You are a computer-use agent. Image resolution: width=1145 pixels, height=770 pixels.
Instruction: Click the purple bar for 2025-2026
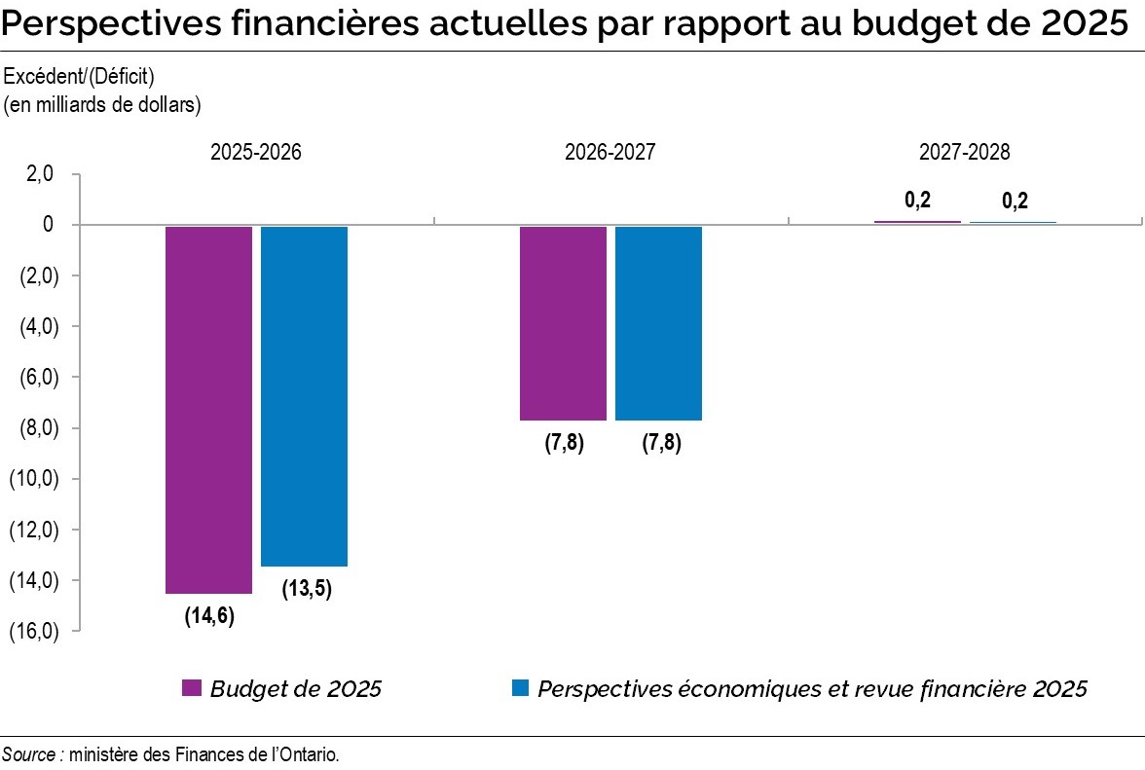208,409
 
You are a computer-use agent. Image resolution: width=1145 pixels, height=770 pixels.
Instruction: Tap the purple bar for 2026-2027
563,323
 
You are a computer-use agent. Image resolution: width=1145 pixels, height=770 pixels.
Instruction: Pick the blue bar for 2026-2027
658,323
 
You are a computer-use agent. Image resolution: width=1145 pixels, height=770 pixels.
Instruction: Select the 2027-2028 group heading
964,153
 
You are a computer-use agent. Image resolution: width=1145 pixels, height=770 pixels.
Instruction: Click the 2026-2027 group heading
610,153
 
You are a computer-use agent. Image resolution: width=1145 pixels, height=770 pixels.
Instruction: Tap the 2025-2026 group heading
256,153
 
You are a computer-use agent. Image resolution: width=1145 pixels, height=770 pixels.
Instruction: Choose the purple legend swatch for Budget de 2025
192,689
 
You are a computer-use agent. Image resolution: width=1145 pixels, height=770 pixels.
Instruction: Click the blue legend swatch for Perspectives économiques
520,689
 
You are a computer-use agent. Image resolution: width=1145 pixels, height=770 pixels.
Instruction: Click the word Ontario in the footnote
313,754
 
